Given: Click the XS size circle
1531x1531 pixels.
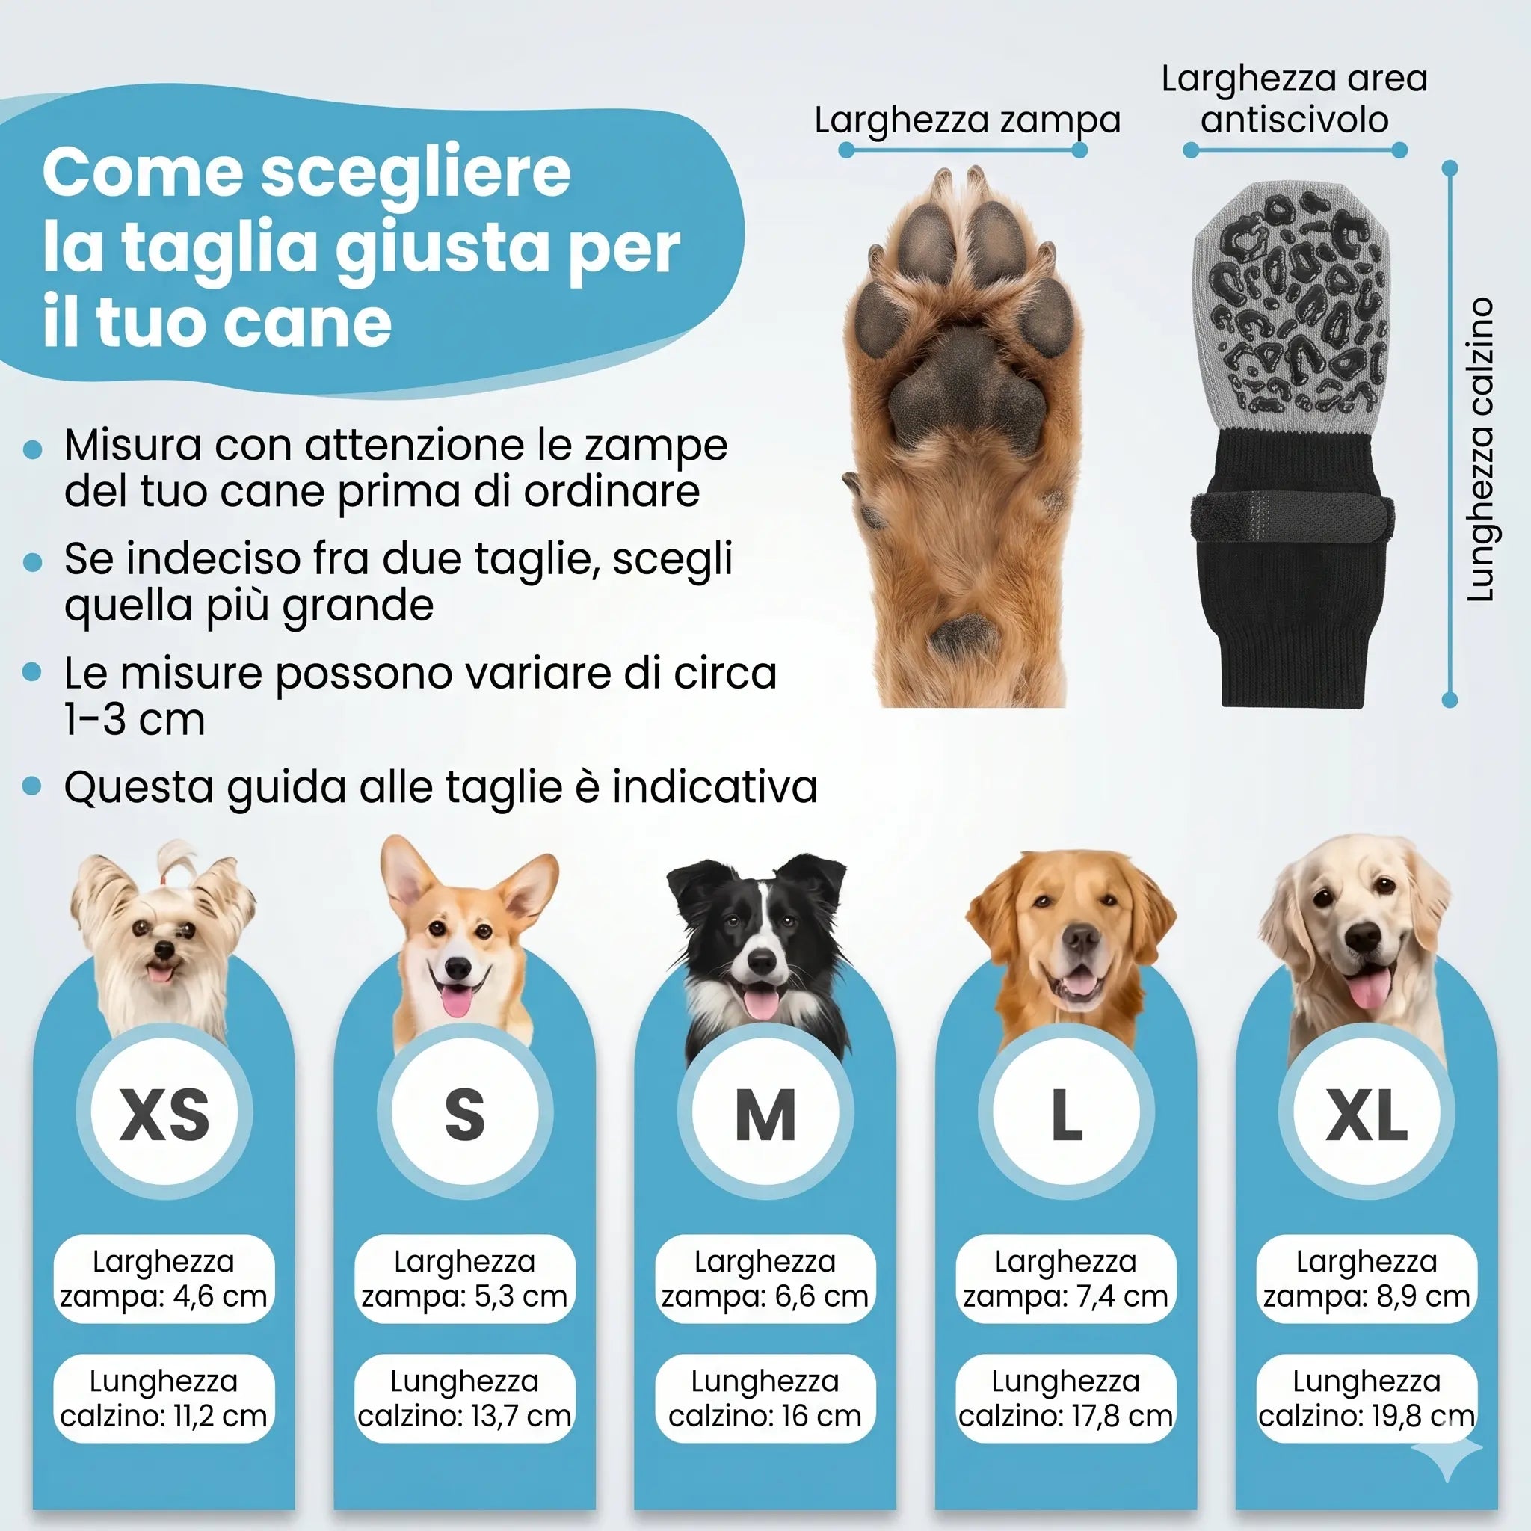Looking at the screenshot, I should (x=164, y=1112).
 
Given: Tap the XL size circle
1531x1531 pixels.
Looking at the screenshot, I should (x=1367, y=1112).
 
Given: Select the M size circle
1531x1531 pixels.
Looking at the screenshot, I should (x=765, y=1112).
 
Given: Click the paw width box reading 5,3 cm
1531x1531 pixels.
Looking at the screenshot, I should (x=464, y=1278).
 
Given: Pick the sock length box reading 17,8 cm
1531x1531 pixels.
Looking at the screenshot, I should (x=1065, y=1398).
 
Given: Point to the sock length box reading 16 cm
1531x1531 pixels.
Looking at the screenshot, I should (x=765, y=1398).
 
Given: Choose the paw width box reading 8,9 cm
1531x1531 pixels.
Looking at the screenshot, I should (x=1367, y=1278).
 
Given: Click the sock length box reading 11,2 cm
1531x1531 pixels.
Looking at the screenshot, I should (x=164, y=1398).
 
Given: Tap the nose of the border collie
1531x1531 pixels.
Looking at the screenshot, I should (x=762, y=961).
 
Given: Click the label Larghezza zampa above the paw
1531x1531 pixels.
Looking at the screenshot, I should (x=967, y=120).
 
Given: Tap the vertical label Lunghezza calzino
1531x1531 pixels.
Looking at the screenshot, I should (x=1479, y=450).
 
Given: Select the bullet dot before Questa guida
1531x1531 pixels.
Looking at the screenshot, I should (x=32, y=786).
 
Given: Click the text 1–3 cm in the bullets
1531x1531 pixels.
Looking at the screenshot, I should (x=135, y=720).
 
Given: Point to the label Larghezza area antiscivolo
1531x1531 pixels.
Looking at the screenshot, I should (x=1294, y=99).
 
